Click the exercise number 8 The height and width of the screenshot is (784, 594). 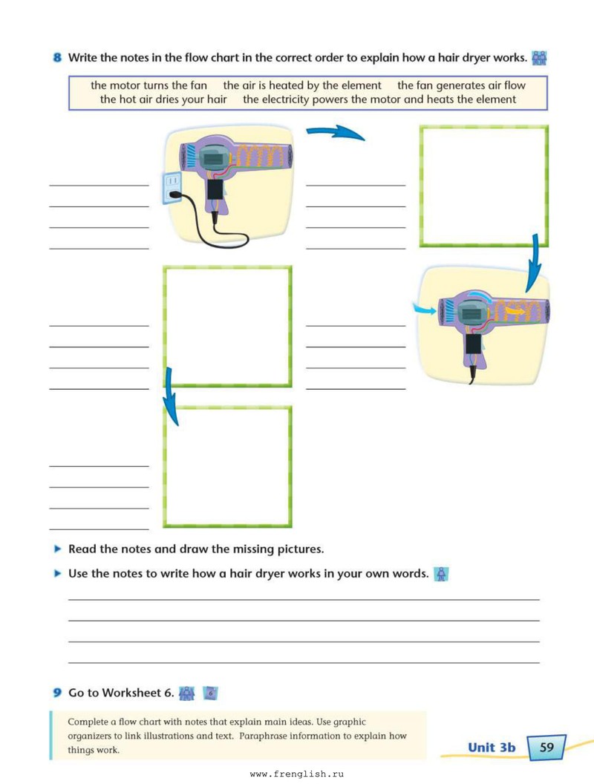(x=57, y=57)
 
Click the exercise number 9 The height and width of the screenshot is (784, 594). (x=57, y=693)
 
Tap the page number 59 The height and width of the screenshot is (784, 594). (x=546, y=747)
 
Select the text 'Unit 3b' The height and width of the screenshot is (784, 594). (x=492, y=747)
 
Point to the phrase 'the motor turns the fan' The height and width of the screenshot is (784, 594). (x=149, y=85)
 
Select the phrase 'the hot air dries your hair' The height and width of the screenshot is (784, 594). (x=163, y=99)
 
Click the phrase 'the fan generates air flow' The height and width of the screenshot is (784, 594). (x=462, y=85)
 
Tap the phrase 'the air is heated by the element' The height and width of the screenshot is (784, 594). (x=302, y=85)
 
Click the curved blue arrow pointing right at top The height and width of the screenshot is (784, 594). (x=335, y=131)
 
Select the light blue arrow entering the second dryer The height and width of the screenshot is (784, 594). (x=424, y=310)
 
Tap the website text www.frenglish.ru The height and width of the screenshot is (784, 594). (x=297, y=774)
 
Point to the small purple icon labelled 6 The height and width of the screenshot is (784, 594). (x=211, y=693)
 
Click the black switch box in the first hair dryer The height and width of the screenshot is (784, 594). (x=215, y=189)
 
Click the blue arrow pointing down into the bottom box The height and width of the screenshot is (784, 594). (x=171, y=396)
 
